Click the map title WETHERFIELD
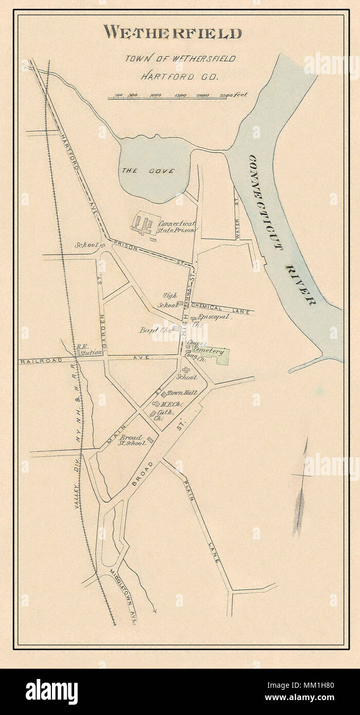pos(172,33)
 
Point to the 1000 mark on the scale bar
pos(155,95)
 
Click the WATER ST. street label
pos(238,224)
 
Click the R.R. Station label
pos(88,350)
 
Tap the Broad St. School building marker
pos(150,440)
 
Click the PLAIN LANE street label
pos(203,520)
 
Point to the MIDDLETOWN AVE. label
pos(125,597)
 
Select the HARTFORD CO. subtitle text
pos(180,77)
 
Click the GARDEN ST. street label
pos(101,309)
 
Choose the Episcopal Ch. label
pos(215,318)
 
